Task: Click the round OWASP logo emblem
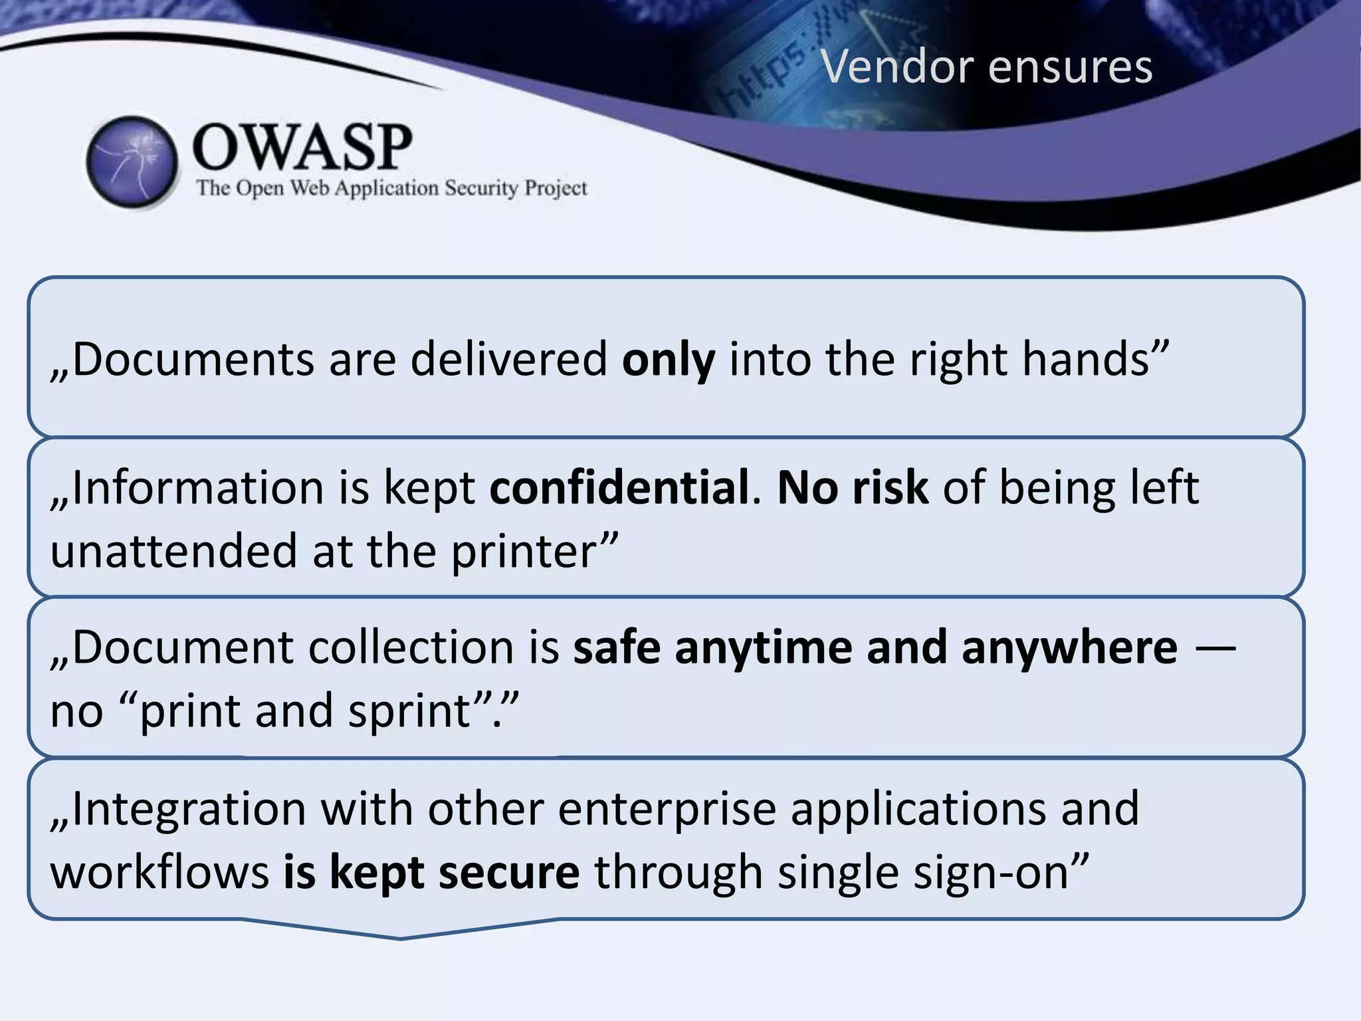tap(132, 162)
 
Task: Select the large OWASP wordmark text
tap(302, 147)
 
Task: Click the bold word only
tap(669, 360)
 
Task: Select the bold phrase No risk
tap(853, 487)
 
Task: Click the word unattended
tap(173, 551)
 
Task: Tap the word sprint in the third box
tap(410, 711)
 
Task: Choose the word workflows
tap(159, 872)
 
